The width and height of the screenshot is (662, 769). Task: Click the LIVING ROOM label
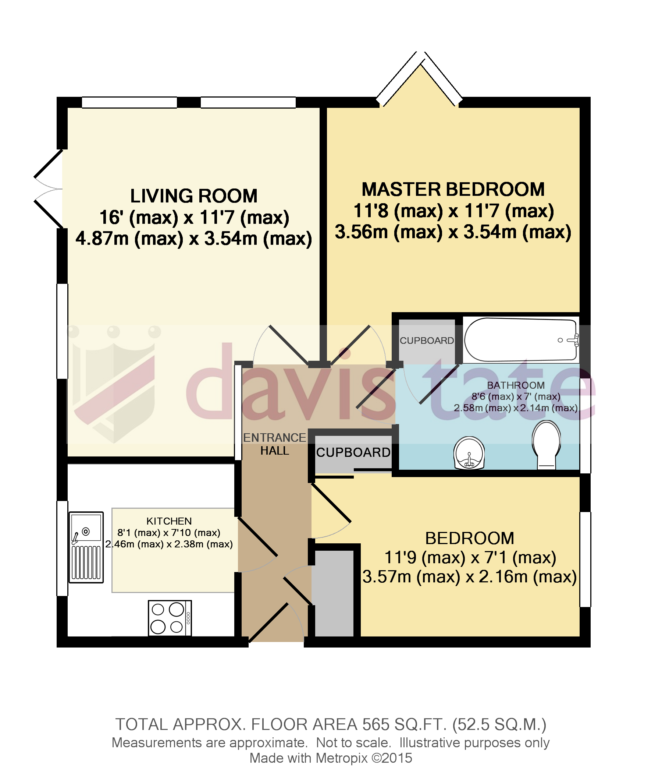coord(193,196)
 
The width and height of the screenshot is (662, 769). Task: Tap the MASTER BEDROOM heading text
coord(453,189)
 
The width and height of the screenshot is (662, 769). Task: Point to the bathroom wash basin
coord(469,453)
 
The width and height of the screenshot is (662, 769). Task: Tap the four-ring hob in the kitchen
coord(170,618)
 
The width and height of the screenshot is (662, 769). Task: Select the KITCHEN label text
coord(169,521)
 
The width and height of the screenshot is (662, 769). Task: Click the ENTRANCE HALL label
coord(274,444)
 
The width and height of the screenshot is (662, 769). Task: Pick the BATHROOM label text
coord(516,385)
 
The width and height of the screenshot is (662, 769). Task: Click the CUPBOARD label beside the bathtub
coord(427,341)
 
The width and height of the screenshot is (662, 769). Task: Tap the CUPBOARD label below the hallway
coord(353,452)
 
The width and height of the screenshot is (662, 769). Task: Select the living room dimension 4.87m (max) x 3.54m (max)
coord(193,238)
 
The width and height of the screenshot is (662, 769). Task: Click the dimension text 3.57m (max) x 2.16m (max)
coord(470,577)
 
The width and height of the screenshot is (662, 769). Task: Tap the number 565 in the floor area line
coord(376,724)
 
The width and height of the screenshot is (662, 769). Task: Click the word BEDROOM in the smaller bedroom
coord(470,538)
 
